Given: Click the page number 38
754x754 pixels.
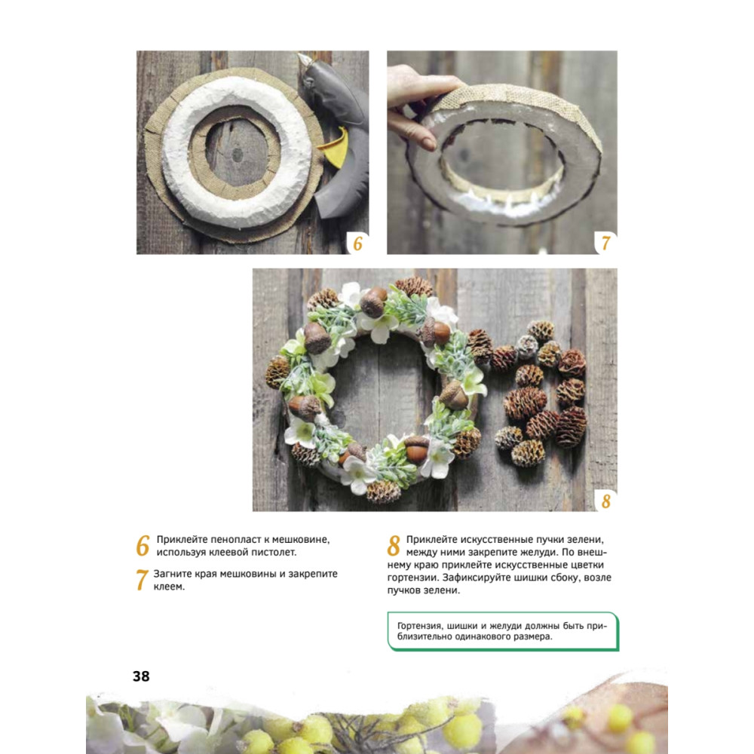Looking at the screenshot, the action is coord(141,676).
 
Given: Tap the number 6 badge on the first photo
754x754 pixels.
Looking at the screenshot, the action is coord(357,244).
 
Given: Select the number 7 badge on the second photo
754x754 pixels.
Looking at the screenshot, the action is coord(605,244).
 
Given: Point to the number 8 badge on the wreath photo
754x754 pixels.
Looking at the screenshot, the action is coord(606,501).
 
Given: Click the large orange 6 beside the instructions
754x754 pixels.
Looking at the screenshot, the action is coord(143,546).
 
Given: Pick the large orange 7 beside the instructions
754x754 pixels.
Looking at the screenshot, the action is coord(142,580).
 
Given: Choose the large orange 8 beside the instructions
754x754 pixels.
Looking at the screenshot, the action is coord(394,546).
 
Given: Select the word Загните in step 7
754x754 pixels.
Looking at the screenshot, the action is coord(172,574).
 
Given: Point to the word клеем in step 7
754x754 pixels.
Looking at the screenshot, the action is coord(168,587).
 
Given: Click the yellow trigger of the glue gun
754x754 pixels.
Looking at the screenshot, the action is coord(336,147).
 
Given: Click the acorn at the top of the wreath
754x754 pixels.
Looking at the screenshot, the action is coord(374,302).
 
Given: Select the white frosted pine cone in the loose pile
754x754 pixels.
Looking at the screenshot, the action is coord(526,345).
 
